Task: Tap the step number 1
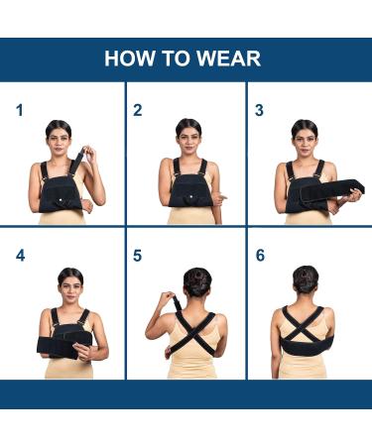pyautogui.click(x=19, y=110)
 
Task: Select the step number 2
pyautogui.click(x=138, y=110)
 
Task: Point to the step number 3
pyautogui.click(x=259, y=110)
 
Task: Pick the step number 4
pyautogui.click(x=20, y=256)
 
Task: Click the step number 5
pyautogui.click(x=138, y=256)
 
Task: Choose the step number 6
pyautogui.click(x=260, y=256)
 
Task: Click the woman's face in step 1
pyautogui.click(x=61, y=138)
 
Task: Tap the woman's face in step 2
pyautogui.click(x=188, y=137)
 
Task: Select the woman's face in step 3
pyautogui.click(x=305, y=138)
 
